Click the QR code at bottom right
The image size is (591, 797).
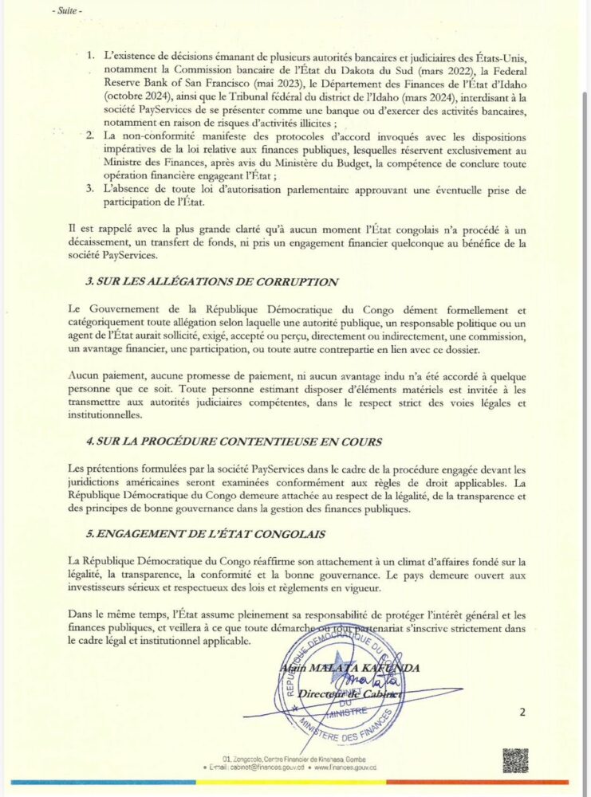tap(515, 760)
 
